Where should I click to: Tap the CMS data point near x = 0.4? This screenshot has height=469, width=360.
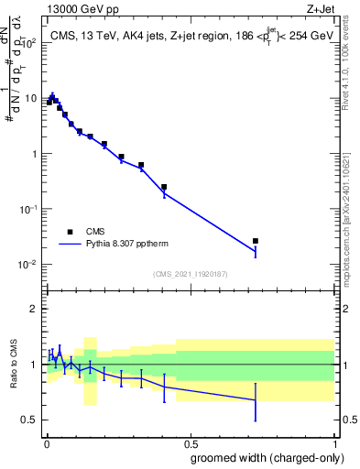coord(164,187)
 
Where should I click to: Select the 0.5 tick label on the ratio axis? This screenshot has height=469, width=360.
coord(29,420)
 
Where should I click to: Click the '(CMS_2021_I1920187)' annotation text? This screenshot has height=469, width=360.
coord(191,273)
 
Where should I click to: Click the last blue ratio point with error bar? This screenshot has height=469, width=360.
coord(256,399)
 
